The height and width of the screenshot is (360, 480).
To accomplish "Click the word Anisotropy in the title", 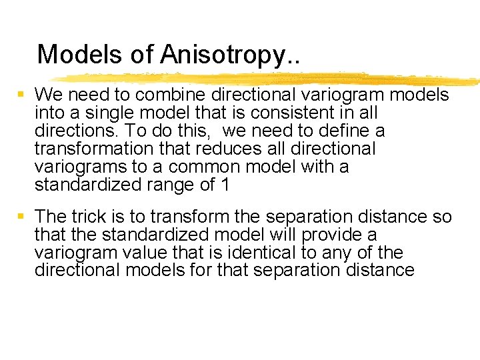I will [230, 55].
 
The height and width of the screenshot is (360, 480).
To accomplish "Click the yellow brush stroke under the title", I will [267, 78].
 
